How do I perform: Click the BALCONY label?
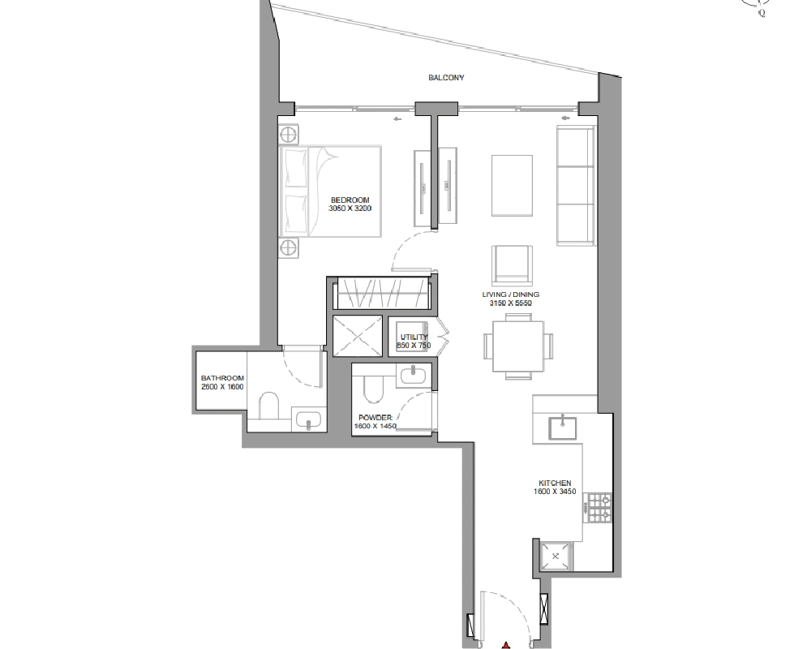(446, 78)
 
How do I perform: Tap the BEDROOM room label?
(350, 200)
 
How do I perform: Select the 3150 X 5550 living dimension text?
(510, 303)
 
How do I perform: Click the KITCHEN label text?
(555, 483)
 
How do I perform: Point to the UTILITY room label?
(414, 337)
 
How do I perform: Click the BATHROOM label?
(222, 378)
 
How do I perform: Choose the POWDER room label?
(375, 418)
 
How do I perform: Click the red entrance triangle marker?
(506, 645)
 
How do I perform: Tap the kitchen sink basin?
(563, 427)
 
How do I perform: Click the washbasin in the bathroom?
(309, 419)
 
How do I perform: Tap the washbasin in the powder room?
(413, 376)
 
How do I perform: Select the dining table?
(518, 346)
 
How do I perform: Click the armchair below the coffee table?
(512, 265)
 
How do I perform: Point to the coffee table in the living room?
(512, 185)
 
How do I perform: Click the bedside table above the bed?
(289, 135)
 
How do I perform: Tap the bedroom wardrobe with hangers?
(384, 294)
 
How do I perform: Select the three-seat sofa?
(575, 184)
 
